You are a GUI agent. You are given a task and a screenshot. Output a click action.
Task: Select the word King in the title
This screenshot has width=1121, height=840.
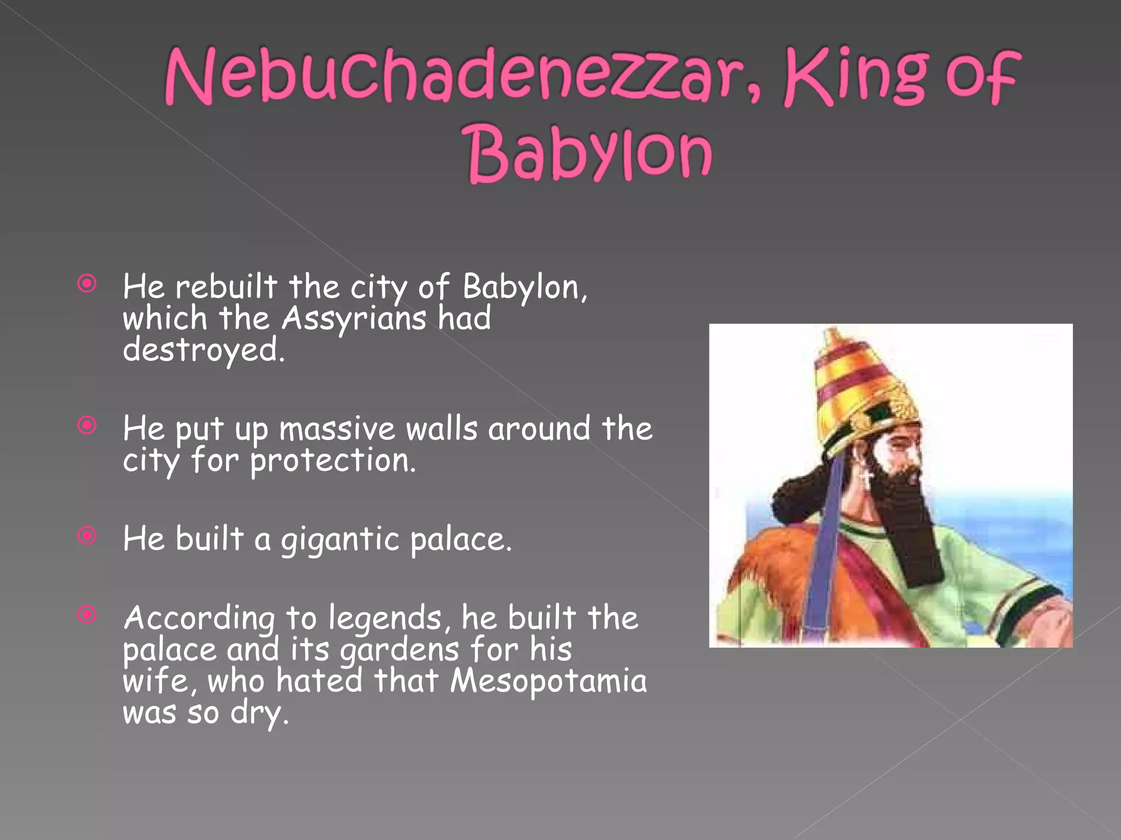point(857,77)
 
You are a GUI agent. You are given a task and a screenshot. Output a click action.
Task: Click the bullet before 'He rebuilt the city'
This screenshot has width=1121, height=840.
point(87,284)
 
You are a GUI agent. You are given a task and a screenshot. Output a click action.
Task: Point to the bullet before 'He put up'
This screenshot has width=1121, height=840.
point(87,425)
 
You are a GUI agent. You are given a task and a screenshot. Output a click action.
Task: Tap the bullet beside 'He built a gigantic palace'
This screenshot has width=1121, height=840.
point(87,535)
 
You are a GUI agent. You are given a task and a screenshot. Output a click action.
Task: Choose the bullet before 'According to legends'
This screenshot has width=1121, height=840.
point(87,615)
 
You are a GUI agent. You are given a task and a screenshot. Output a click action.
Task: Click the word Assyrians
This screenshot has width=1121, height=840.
point(354,319)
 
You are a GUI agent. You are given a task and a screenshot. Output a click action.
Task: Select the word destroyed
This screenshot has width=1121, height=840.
point(203,351)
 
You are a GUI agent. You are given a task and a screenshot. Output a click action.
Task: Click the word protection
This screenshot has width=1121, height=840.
point(332,461)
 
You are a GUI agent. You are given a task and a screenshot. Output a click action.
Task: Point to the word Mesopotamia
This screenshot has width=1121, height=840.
point(548,681)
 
